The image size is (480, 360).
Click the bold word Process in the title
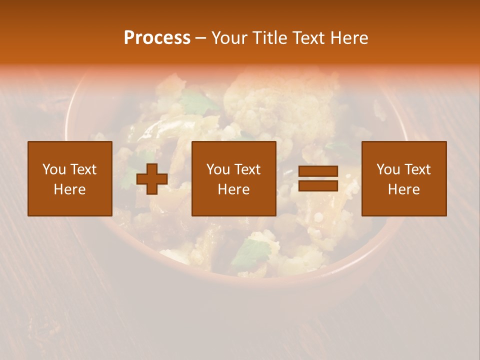157,38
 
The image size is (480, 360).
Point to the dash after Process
200,38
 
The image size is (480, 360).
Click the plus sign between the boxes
152,179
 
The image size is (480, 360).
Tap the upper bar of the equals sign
318,171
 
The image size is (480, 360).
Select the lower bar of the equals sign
318,186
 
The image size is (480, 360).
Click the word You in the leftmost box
54,169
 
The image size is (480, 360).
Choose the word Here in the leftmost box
70,189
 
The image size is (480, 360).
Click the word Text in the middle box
246,169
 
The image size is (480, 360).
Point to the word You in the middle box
218,169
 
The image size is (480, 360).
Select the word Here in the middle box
234,189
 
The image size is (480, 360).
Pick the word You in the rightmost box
388,169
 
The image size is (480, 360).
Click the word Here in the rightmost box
404,189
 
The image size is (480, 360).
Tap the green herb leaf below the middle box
250,252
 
